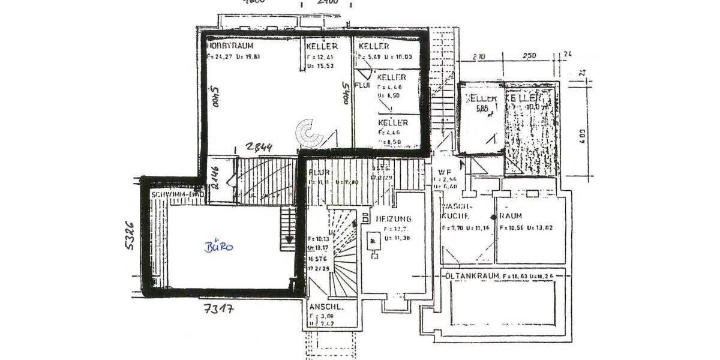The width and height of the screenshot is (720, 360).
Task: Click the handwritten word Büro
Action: click(218, 247)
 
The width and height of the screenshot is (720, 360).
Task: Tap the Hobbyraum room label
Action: click(230, 46)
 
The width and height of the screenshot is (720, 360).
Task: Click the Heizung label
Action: click(394, 218)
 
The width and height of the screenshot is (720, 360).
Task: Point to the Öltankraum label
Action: click(472, 275)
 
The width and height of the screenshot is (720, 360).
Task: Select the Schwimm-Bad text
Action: click(178, 195)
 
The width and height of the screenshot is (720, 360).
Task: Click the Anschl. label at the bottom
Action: click(326, 306)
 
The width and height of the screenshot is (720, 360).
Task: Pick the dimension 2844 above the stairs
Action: click(259, 148)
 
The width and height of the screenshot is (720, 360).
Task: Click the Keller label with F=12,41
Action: click(322, 46)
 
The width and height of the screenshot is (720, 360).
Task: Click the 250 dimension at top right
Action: click(529, 56)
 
